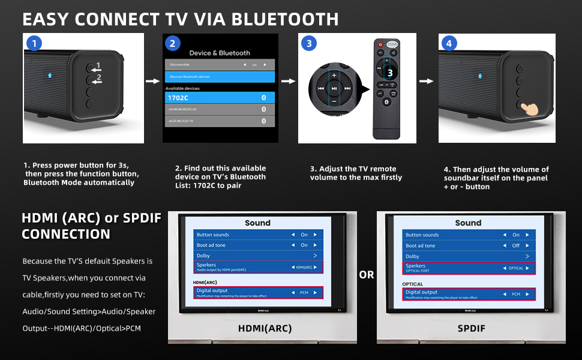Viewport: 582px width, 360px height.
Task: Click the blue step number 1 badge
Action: click(34, 43)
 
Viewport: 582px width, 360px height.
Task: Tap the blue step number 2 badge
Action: click(172, 43)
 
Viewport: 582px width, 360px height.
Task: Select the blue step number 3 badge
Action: click(308, 43)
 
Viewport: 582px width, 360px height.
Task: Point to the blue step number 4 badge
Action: click(448, 43)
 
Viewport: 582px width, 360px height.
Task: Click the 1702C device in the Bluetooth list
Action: click(220, 97)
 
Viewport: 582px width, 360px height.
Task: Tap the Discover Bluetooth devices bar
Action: click(220, 76)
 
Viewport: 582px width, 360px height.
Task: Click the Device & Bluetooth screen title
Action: click(220, 53)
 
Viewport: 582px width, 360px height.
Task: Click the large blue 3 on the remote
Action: click(390, 73)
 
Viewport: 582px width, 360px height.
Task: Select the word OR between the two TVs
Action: click(367, 275)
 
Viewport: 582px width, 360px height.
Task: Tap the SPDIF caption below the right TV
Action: click(471, 328)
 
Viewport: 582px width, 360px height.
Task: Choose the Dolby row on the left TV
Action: click(259, 256)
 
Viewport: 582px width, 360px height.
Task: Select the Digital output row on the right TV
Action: click(469, 293)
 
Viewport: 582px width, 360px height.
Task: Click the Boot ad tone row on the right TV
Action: click(469, 245)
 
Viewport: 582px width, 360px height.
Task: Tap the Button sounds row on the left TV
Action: click(259, 235)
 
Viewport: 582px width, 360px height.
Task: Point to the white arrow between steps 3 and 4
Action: click(426, 81)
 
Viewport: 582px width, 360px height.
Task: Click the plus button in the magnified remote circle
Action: click(334, 76)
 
